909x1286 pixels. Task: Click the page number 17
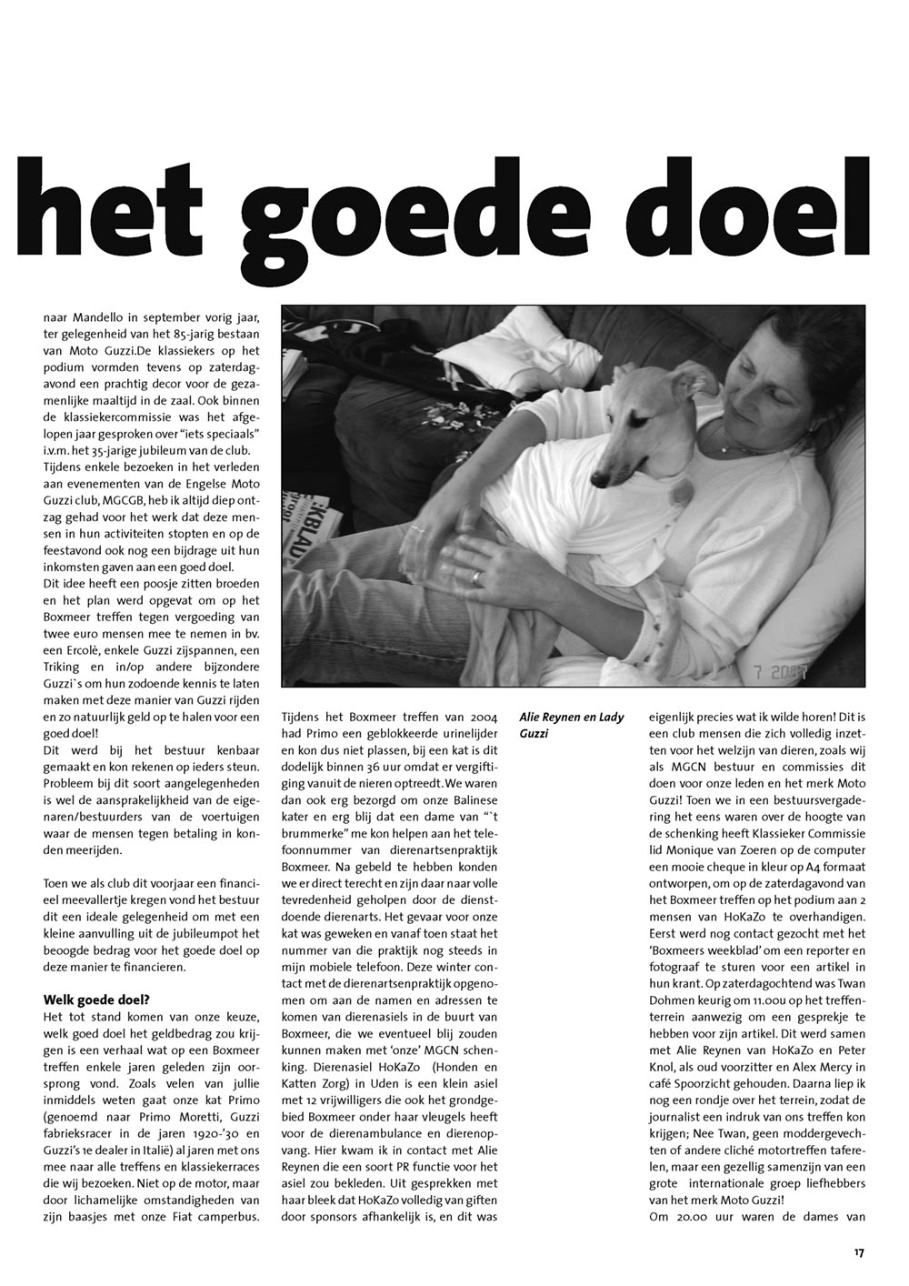click(858, 1252)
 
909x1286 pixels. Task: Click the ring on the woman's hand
click(476, 576)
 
